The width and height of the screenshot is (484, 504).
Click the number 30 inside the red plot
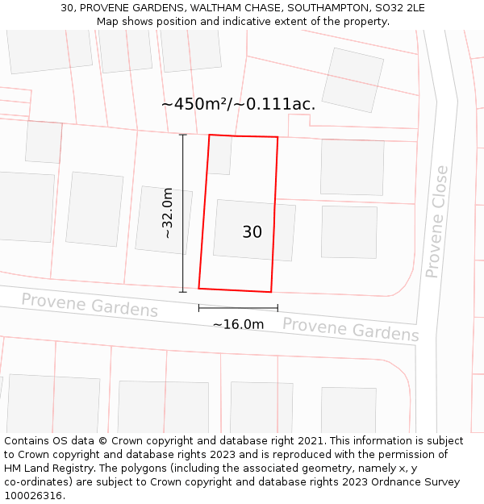(252, 232)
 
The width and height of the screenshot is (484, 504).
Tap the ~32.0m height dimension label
(167, 213)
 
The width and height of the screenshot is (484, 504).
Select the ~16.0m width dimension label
(238, 324)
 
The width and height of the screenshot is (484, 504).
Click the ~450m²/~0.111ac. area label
(238, 104)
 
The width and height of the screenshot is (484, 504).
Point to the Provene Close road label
(436, 221)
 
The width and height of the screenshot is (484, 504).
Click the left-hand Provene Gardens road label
(90, 305)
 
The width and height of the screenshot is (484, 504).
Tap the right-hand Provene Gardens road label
(350, 329)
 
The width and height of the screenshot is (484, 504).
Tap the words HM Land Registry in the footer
(45, 469)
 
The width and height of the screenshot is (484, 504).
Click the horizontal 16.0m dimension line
(238, 307)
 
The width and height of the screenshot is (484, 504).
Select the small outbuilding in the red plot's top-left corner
(219, 155)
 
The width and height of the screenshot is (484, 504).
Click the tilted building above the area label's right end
(353, 80)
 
